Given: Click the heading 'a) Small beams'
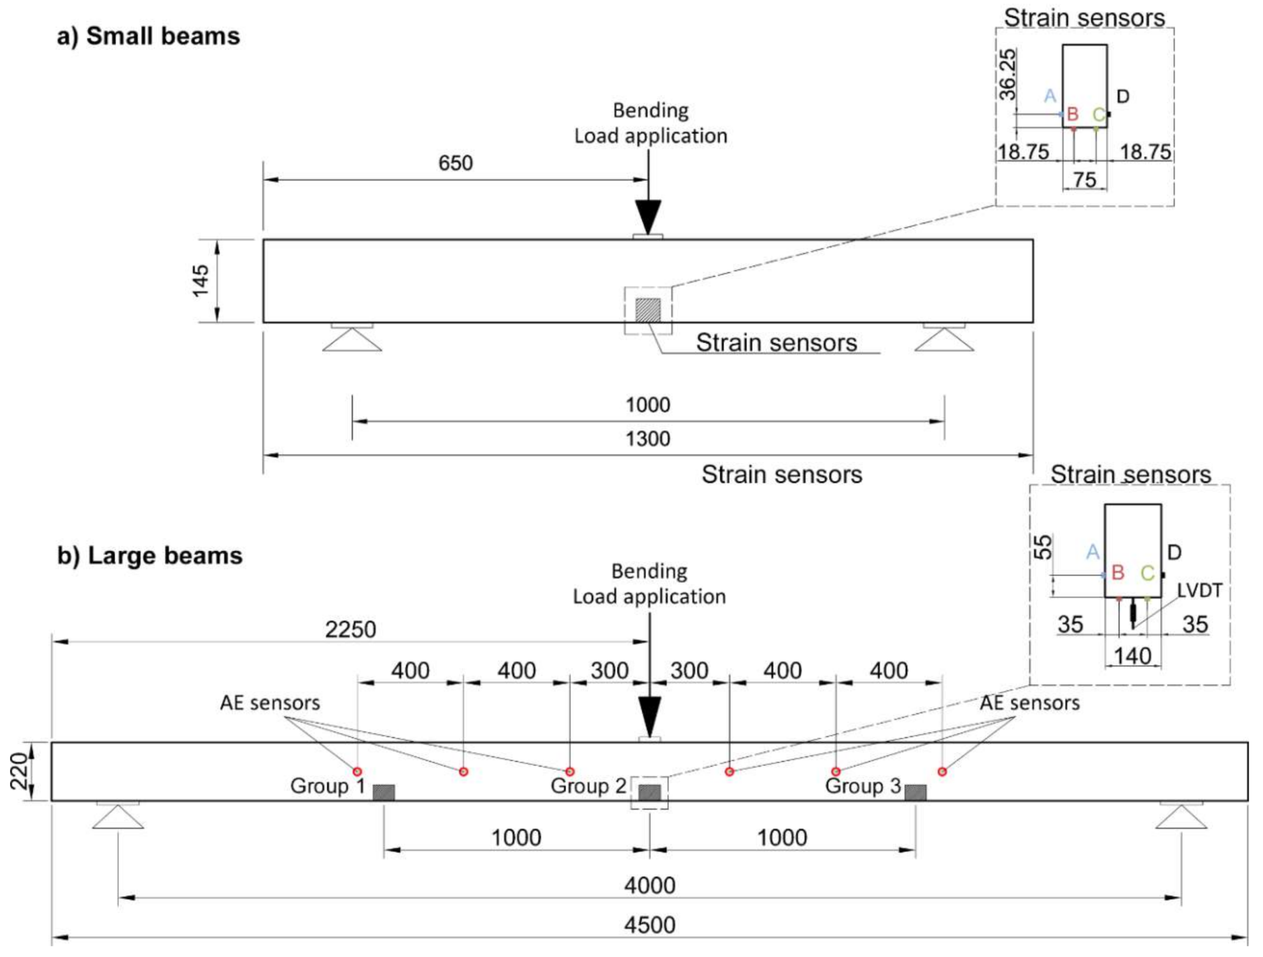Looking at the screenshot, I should pyautogui.click(x=149, y=37).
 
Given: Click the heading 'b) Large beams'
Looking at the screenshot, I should pyautogui.click(x=150, y=555).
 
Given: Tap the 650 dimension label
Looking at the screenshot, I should pyautogui.click(x=455, y=164).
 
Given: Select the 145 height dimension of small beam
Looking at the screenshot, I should pyautogui.click(x=201, y=280).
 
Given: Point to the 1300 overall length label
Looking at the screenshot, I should pyautogui.click(x=647, y=439).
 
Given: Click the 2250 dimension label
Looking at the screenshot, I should pyautogui.click(x=351, y=630).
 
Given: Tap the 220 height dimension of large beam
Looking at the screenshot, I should pyautogui.click(x=20, y=771).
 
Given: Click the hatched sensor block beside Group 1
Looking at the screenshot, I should pyautogui.click(x=384, y=792).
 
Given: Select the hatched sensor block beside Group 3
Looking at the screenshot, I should pyautogui.click(x=915, y=792).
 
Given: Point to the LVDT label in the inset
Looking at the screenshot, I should pyautogui.click(x=1200, y=590).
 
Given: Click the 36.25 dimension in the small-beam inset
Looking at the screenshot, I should pyautogui.click(x=1008, y=75).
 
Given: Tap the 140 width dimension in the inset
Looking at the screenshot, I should pyautogui.click(x=1133, y=656).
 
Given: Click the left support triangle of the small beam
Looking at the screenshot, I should pyautogui.click(x=352, y=340).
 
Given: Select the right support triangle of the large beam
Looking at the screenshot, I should pyautogui.click(x=1181, y=818).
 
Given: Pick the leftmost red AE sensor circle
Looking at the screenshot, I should pyautogui.click(x=357, y=771).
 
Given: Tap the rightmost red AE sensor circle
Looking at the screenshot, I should pyautogui.click(x=942, y=771).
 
